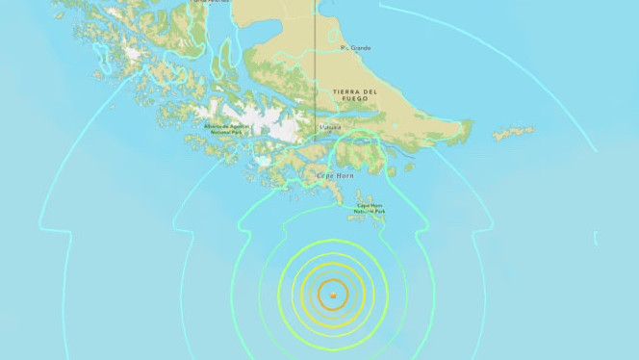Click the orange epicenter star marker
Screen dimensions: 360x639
(x=332, y=296)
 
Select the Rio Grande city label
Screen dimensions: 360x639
(x=353, y=47)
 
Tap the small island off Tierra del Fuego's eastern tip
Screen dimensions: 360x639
(x=514, y=133)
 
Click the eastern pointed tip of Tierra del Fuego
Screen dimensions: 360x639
(x=471, y=124)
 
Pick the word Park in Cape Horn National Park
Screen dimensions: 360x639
(x=379, y=212)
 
